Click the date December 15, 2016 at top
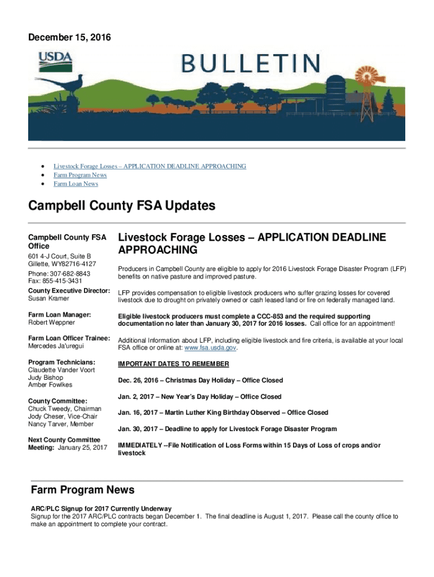(69, 38)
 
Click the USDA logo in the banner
(55, 61)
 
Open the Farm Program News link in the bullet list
(80, 175)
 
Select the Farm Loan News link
(76, 184)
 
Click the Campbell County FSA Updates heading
(122, 206)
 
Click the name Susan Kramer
(49, 299)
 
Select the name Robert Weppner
(52, 323)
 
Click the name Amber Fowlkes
(50, 385)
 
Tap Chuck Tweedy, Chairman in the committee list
(65, 409)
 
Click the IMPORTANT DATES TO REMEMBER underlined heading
(173, 364)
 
